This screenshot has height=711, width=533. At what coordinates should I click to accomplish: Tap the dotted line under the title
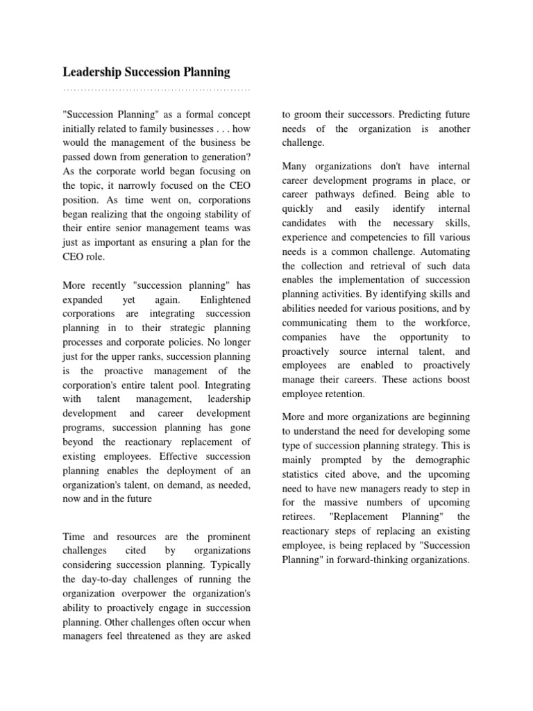tap(156, 90)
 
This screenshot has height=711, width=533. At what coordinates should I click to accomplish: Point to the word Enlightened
tap(226, 299)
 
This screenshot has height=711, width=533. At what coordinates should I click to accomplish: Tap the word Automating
tap(442, 252)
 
